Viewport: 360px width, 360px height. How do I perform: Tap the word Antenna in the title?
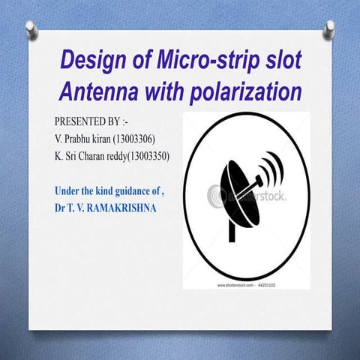[x=97, y=93]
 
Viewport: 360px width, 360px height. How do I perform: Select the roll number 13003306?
[x=133, y=139]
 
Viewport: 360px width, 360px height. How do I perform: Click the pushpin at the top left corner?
[x=31, y=28]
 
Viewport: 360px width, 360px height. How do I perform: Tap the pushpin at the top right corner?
[x=329, y=28]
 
